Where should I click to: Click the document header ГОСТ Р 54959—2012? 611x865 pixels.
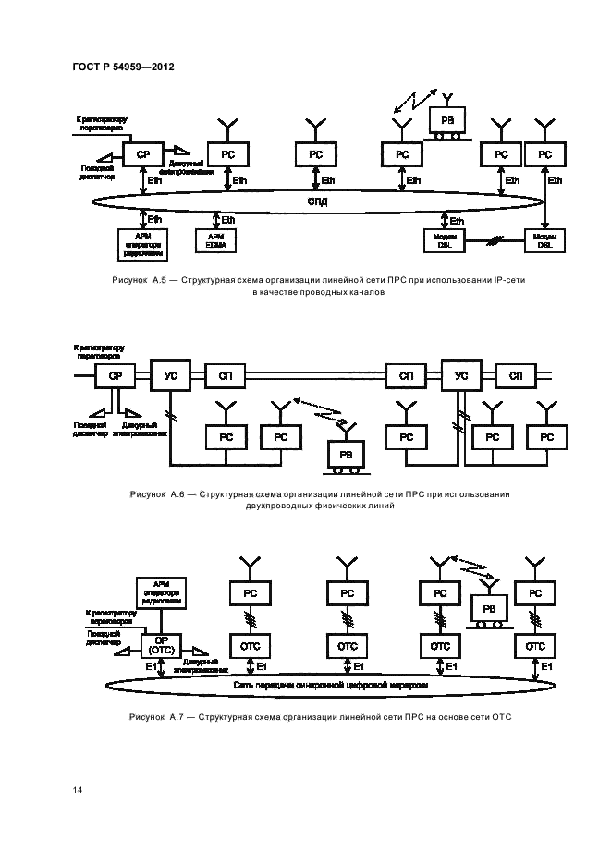(122, 67)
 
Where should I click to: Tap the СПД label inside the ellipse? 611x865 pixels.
(317, 201)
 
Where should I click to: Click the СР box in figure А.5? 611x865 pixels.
(143, 155)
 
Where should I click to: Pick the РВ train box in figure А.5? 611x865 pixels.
(447, 120)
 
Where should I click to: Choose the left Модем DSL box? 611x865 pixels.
(440, 240)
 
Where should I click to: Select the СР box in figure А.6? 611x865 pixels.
(116, 376)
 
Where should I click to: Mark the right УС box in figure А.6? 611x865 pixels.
(461, 375)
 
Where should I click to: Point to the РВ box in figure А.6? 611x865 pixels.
(347, 456)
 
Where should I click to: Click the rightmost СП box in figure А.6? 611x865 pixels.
(516, 376)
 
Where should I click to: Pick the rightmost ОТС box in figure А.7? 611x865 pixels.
(536, 645)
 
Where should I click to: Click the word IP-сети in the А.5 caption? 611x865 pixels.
(507, 278)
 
